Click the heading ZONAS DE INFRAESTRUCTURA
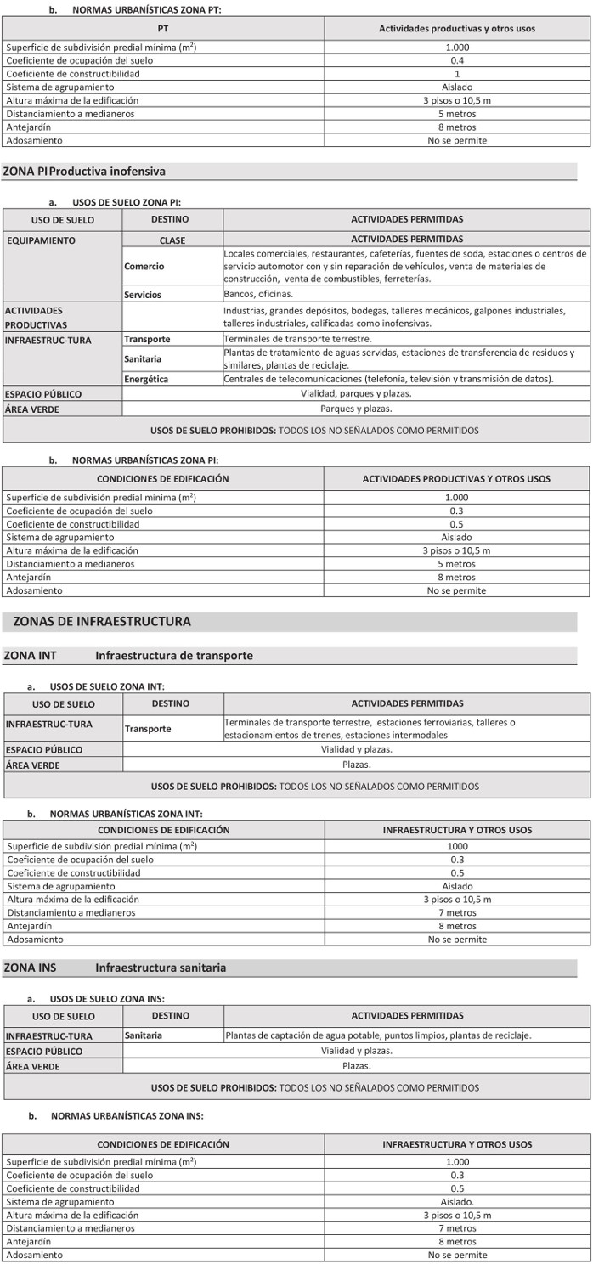click(102, 622)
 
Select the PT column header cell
click(163, 28)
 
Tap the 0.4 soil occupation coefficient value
click(457, 60)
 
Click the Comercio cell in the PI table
click(144, 267)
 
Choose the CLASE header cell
click(172, 240)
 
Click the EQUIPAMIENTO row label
click(41, 240)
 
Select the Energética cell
click(146, 379)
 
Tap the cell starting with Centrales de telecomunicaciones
click(388, 379)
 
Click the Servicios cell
click(143, 295)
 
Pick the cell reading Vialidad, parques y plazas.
click(356, 394)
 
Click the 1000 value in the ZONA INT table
click(457, 846)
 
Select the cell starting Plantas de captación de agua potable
click(378, 1035)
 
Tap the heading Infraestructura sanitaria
click(161, 968)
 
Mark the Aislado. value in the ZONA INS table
click(457, 1202)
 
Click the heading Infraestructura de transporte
click(173, 656)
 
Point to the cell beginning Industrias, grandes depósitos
click(406, 317)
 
